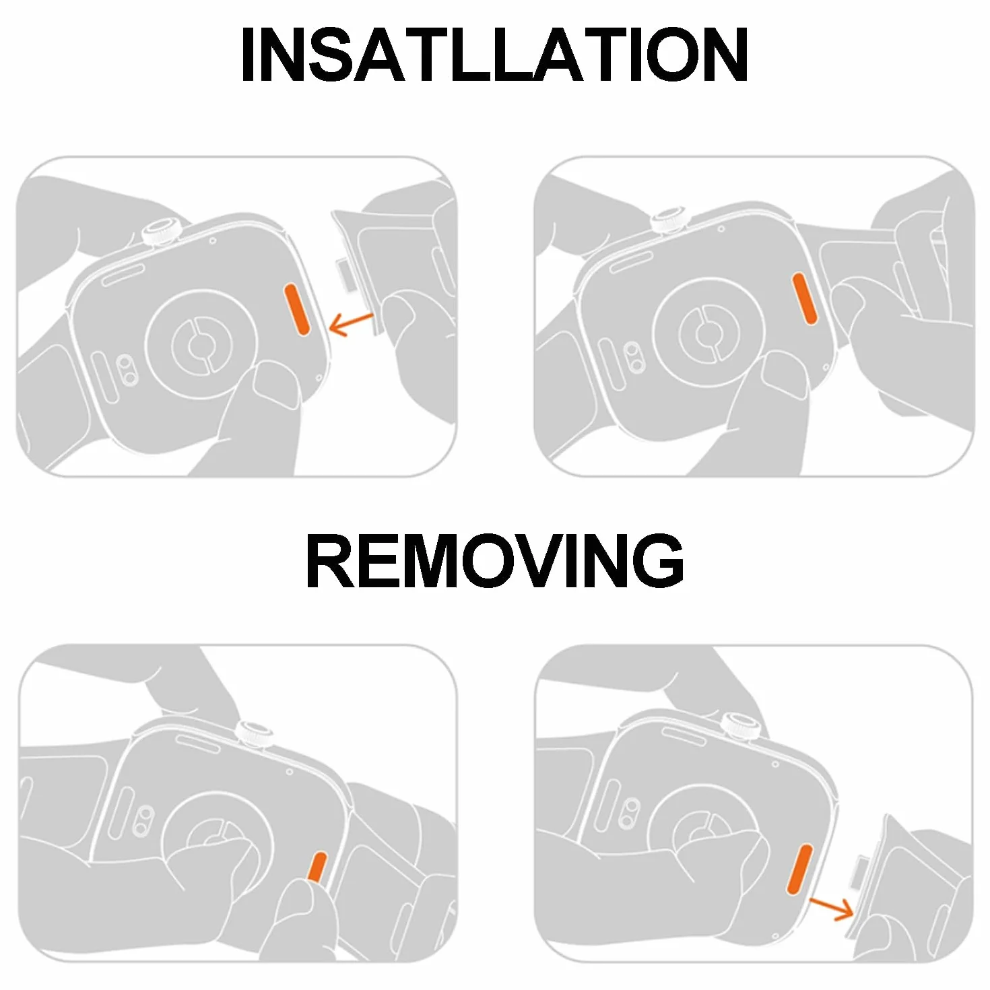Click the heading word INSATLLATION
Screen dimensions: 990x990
pos(494,55)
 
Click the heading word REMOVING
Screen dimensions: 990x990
pos(494,561)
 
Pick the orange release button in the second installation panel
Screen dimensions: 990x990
pos(805,299)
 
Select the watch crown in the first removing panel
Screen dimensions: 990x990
pos(254,735)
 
